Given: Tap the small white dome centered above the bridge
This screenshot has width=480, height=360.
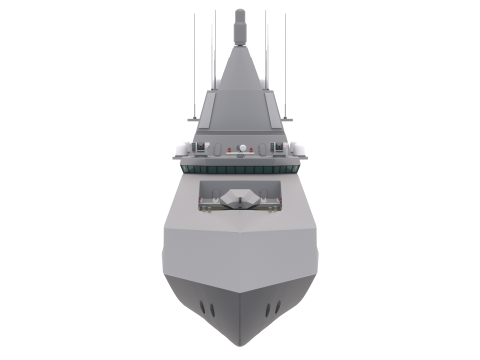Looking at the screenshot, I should click(x=240, y=150).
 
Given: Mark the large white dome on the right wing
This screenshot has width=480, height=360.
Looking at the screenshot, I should click(x=302, y=147).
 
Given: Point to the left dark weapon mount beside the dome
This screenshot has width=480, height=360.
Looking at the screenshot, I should click(x=197, y=149).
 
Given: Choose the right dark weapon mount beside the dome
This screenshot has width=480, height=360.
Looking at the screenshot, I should click(x=283, y=149).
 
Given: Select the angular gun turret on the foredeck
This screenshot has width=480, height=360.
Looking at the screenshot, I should click(x=240, y=200).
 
